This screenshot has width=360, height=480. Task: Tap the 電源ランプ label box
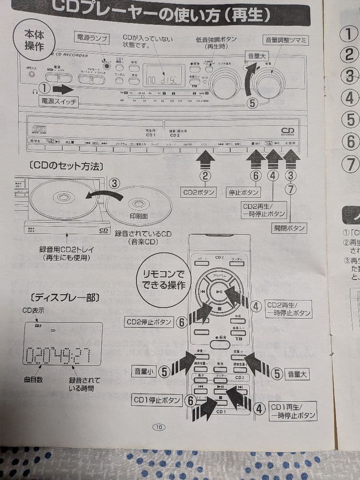tap(92, 39)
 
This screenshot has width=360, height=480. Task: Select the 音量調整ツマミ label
tap(286, 40)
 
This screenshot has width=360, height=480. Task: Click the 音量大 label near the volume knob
tap(257, 56)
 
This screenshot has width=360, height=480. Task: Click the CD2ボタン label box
tap(199, 192)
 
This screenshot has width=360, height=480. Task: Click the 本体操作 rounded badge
tap(34, 40)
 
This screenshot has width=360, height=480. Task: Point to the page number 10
tap(159, 427)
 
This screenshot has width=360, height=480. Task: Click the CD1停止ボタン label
tap(158, 400)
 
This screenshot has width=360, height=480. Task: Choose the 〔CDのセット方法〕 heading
tap(65, 166)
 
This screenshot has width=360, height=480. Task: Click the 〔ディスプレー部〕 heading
tap(58, 297)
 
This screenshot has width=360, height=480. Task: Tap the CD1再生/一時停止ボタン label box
tap(293, 411)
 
